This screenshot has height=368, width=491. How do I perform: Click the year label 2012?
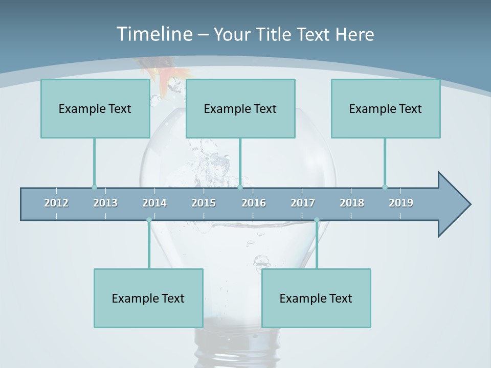coord(56,203)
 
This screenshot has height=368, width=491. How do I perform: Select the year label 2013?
coord(105,203)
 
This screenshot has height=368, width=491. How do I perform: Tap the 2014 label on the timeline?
coord(154,203)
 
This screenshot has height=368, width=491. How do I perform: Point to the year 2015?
coord(204,203)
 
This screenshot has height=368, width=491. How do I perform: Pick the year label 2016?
coord(254,203)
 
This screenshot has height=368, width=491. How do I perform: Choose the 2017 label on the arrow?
coord(303,203)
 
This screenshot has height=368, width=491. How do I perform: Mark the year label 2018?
coord(352,203)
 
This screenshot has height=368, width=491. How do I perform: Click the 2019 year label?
coord(401,203)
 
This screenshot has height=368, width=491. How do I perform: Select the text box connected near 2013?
coord(95,108)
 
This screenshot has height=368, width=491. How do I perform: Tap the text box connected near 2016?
coord(240,108)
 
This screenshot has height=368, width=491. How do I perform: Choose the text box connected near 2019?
coord(386,108)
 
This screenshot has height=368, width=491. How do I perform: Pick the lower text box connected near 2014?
coord(148,298)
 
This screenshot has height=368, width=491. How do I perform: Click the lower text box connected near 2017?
coord(316,298)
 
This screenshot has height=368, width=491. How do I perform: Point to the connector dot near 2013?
coord(94,187)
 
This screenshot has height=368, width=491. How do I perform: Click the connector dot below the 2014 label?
coord(149,220)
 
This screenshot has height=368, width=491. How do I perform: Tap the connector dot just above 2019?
coord(385,187)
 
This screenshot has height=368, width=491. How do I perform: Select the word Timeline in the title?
coord(154,34)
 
